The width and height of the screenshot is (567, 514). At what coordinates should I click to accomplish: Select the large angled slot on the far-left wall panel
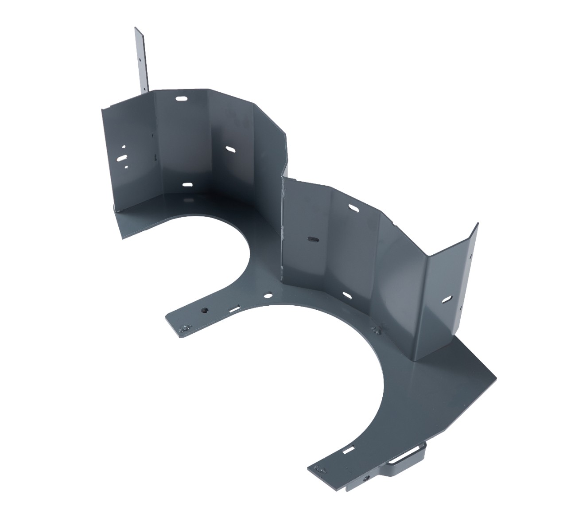[121, 157]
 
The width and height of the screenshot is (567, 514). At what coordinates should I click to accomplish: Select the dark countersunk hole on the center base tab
[204, 310]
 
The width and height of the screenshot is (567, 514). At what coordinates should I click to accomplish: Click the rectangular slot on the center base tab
[235, 308]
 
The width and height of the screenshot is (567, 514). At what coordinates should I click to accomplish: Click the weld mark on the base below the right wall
[377, 330]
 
